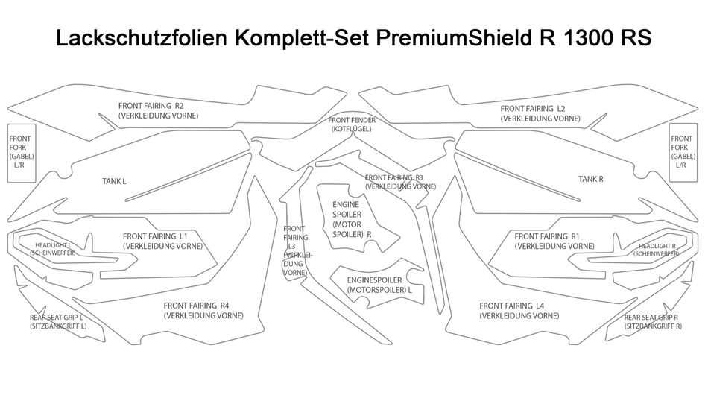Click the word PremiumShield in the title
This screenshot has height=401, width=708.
click(x=453, y=37)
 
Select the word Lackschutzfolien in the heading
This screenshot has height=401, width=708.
click(x=141, y=37)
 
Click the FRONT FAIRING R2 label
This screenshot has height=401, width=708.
click(x=158, y=110)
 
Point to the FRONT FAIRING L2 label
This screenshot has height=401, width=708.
click(x=540, y=113)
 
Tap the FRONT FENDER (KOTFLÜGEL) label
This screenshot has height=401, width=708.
click(x=352, y=124)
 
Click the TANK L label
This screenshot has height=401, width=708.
click(x=114, y=181)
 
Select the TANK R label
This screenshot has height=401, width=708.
click(x=590, y=179)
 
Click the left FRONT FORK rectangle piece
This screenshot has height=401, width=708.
click(x=21, y=153)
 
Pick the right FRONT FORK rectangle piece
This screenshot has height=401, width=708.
click(x=683, y=152)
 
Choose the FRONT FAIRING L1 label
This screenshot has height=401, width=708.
click(x=162, y=241)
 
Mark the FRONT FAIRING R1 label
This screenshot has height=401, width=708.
click(x=554, y=241)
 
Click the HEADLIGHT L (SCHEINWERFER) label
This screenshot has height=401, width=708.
click(x=53, y=249)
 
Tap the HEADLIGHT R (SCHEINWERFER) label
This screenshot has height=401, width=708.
click(x=656, y=250)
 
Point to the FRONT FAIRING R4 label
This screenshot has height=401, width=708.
click(x=203, y=311)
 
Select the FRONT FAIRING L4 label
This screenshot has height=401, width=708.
click(x=519, y=311)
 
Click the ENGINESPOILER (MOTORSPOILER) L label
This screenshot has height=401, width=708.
click(x=379, y=285)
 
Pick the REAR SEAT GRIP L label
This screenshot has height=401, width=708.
click(x=58, y=321)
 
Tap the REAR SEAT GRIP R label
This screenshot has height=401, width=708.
click(x=653, y=321)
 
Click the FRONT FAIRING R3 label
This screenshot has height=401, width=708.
click(x=400, y=182)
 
